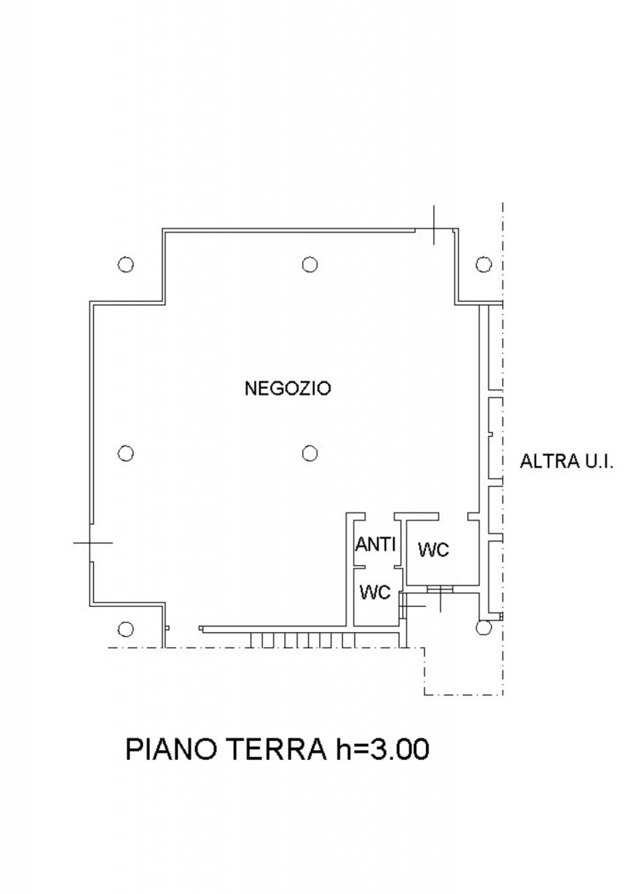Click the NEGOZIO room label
click(288, 388)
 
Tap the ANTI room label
click(376, 544)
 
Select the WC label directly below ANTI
click(375, 593)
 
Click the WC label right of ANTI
click(433, 550)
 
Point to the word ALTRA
click(549, 462)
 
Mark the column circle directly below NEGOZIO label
click(310, 453)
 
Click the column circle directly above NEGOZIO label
click(310, 264)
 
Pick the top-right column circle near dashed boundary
click(484, 264)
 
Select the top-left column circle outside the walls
click(126, 264)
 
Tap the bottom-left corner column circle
click(126, 629)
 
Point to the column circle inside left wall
click(126, 453)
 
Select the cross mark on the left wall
click(92, 543)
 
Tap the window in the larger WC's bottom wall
click(440, 589)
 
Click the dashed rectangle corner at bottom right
click(503, 695)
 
